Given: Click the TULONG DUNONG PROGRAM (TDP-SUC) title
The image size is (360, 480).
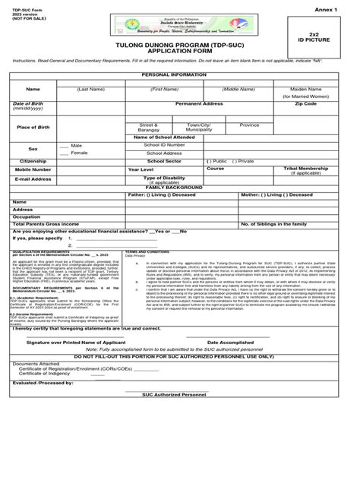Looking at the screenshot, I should [x=180, y=46].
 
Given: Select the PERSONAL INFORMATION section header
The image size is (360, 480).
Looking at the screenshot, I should [x=180, y=77].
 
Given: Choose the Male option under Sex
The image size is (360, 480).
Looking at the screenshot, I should [x=76, y=144].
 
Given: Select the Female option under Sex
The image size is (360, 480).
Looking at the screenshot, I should [x=78, y=153].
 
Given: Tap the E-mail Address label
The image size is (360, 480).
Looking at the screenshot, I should [x=33, y=179].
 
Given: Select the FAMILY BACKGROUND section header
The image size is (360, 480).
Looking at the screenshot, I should [x=180, y=187].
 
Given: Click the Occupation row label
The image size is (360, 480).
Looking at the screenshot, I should [x=25, y=216].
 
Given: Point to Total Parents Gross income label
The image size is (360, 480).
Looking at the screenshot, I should [x=45, y=224].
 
